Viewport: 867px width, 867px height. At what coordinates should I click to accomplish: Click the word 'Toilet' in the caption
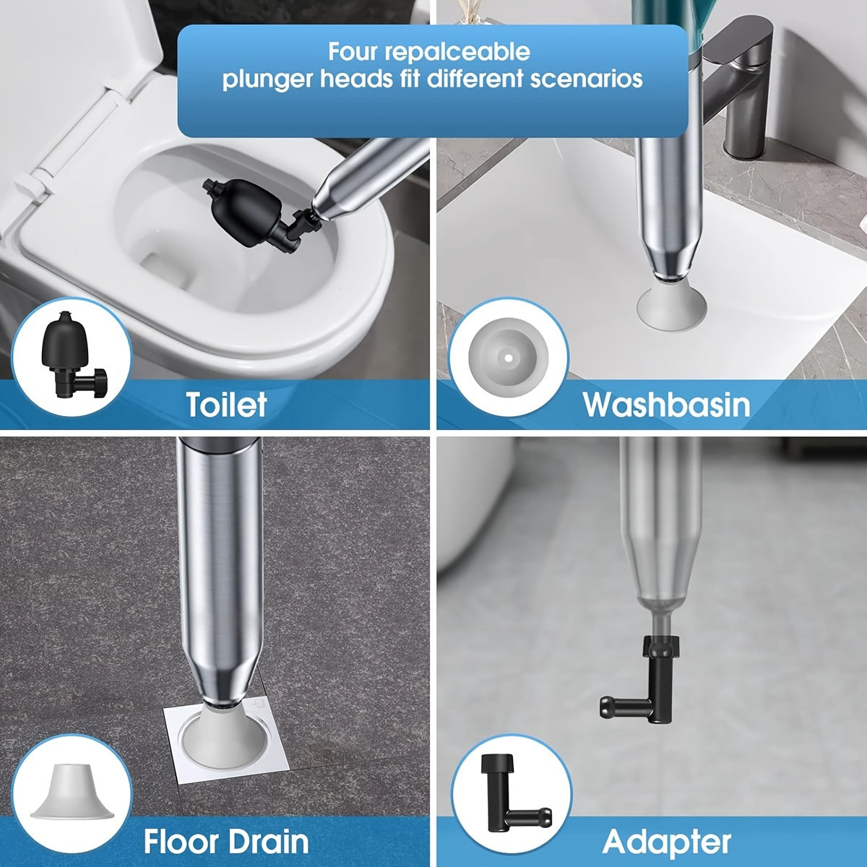pyautogui.click(x=226, y=405)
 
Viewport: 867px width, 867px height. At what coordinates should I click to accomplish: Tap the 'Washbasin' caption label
pyautogui.click(x=666, y=405)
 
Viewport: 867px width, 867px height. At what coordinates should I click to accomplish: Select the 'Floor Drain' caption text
pyautogui.click(x=226, y=842)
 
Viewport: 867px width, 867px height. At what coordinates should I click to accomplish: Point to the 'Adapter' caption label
pyautogui.click(x=666, y=842)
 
